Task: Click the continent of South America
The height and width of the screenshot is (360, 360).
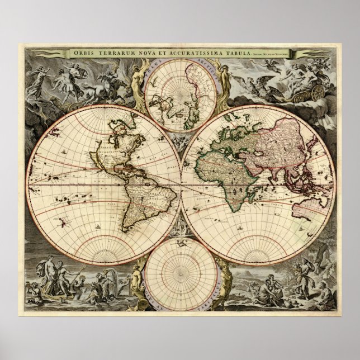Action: click(x=136, y=196)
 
